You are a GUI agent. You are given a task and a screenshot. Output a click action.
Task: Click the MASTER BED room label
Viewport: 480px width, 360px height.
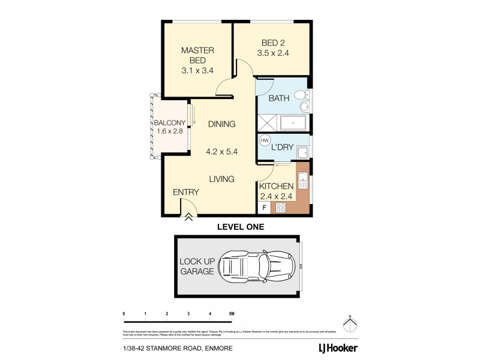pos(194,61)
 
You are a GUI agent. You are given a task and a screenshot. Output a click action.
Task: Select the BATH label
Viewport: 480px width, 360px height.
pos(280,98)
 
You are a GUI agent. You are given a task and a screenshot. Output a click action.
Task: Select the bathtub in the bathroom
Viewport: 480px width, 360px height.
pos(293,124)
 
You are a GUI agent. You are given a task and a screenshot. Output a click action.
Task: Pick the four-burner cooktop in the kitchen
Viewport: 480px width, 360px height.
pos(280,208)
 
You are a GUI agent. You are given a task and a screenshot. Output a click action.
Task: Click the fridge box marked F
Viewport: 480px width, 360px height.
pos(263,208)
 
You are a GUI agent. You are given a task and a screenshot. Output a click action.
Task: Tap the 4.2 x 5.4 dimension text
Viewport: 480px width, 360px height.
pos(221,152)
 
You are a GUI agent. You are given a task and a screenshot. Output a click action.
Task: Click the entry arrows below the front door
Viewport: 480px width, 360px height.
pos(188,218)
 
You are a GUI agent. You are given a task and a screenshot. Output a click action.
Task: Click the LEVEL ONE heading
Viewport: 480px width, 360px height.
pos(239,227)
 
